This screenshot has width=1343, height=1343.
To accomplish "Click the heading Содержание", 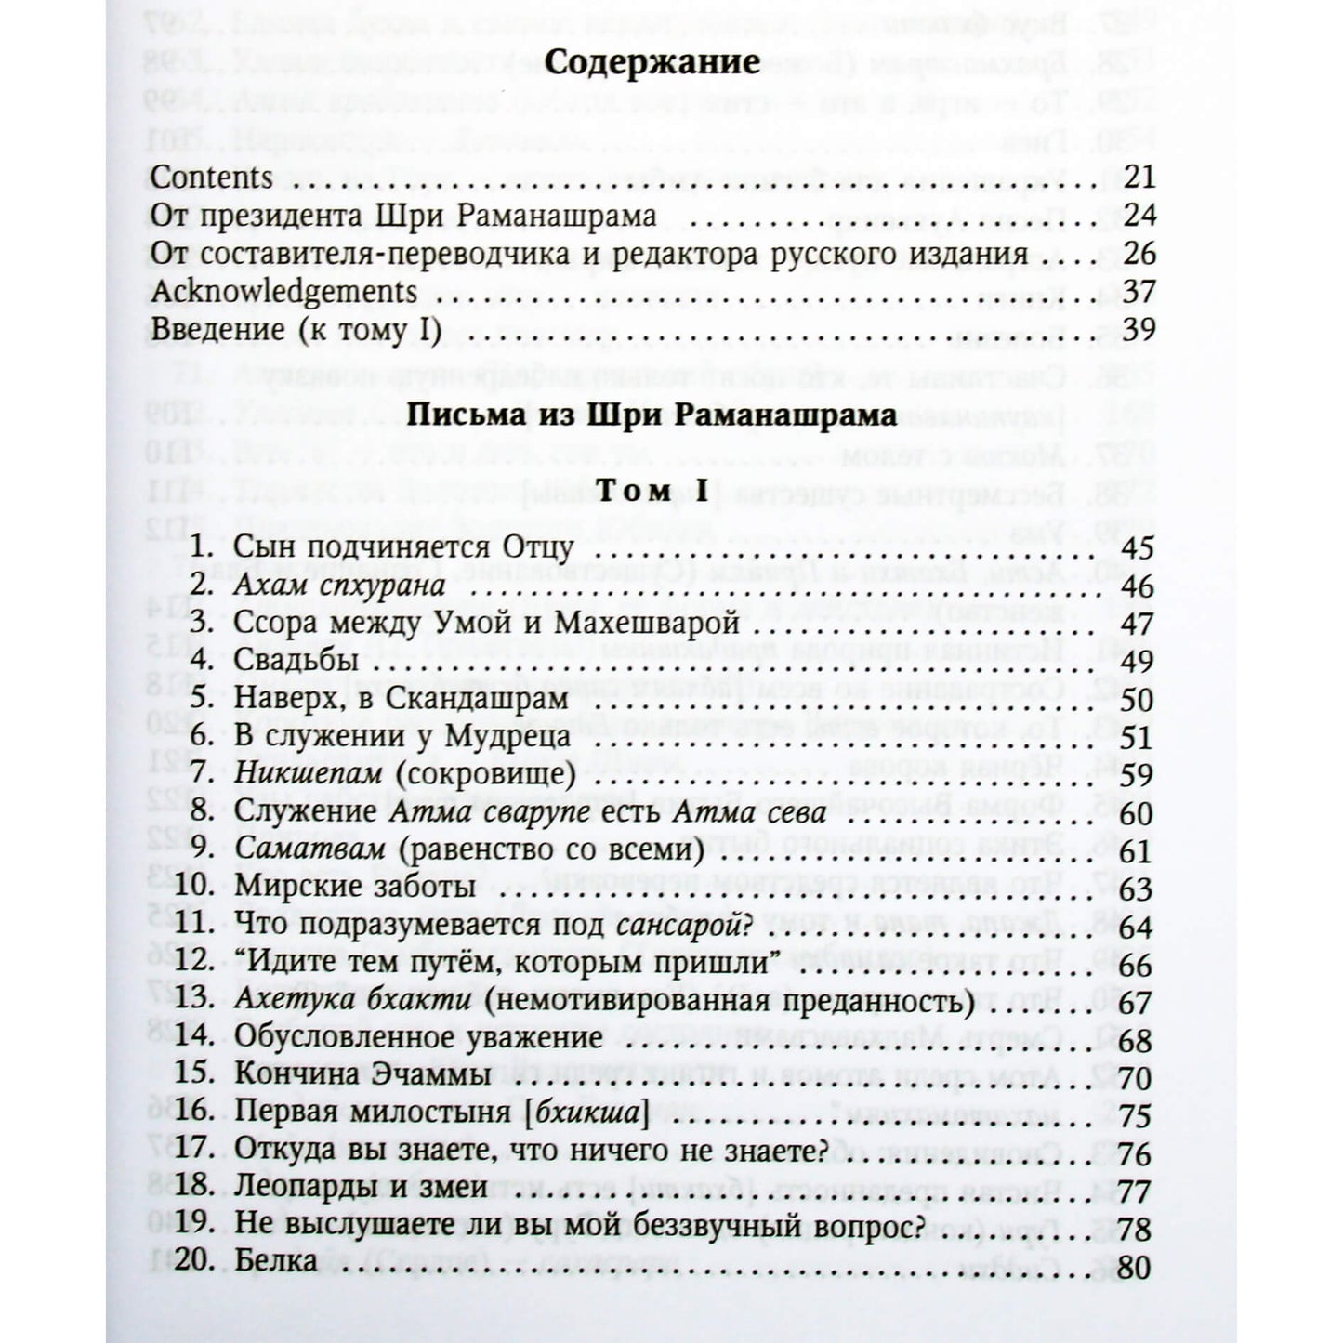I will (x=651, y=63).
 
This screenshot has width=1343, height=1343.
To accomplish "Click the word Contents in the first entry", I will (x=211, y=177).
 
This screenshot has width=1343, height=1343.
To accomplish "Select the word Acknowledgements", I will (x=283, y=292).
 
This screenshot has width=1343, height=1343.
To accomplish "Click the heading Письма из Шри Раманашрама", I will (x=652, y=415).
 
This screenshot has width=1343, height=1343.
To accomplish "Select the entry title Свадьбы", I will (x=296, y=661).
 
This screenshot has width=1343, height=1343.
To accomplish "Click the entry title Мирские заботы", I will (x=355, y=887).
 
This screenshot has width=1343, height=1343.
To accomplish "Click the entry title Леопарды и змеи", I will (x=361, y=1188).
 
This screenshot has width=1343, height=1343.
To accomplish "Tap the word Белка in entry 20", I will (x=276, y=1264).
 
